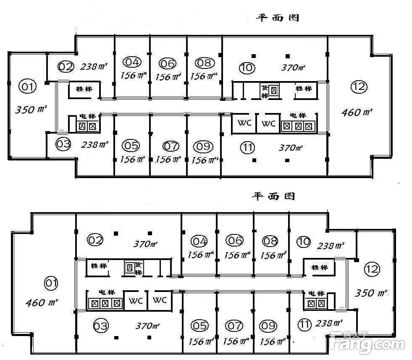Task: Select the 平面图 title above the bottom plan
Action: (x=273, y=196)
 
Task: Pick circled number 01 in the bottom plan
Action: (x=51, y=283)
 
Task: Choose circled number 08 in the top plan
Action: (x=205, y=63)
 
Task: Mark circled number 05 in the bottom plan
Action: (x=199, y=326)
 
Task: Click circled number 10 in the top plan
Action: (x=247, y=67)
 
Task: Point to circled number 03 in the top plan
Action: (x=63, y=145)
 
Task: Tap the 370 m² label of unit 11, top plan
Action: (x=291, y=148)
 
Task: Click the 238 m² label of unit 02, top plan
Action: (x=94, y=66)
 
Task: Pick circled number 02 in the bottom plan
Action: (x=95, y=240)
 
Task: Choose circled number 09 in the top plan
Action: (x=203, y=147)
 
